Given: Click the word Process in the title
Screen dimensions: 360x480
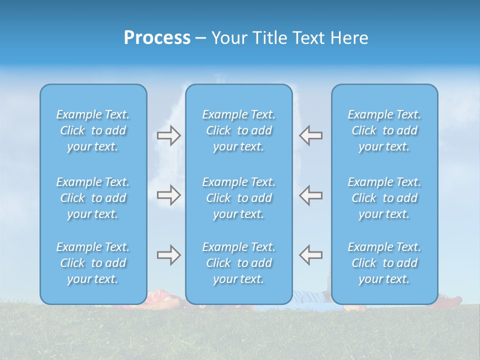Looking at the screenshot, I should (157, 38).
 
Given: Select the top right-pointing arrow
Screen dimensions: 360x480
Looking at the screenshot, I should (168, 135).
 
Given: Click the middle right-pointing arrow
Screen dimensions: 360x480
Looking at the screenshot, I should (168, 195).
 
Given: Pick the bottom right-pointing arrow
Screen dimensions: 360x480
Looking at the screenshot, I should (168, 255).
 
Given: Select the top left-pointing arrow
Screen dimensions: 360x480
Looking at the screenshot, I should (311, 135).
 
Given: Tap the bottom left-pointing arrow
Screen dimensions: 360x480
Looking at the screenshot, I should (311, 255).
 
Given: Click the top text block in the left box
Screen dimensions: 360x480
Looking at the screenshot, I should (93, 130).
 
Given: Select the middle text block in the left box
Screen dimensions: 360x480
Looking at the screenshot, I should (93, 198).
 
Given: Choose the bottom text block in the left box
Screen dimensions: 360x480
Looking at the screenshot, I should (93, 263).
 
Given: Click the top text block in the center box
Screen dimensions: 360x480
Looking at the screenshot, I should (238, 130).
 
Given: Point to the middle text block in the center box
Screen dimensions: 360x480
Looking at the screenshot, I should (238, 198).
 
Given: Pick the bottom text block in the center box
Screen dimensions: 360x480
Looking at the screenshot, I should (238, 263).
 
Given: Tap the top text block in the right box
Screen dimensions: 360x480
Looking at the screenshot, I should (384, 130).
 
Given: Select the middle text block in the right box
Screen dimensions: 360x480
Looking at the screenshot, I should (384, 198).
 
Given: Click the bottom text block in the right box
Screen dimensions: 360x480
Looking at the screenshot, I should (384, 263).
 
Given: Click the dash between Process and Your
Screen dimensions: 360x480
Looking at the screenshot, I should (200, 38).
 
